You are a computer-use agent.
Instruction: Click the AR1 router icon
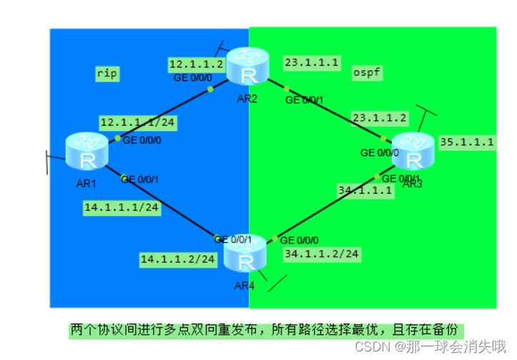coord(87,152)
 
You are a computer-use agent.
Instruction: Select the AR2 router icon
coord(247,67)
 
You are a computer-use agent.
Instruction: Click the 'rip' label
coord(107,72)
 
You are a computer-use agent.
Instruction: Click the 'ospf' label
coord(367,72)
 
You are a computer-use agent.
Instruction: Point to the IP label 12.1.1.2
coord(196,64)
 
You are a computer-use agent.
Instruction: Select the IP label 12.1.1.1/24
coord(137,122)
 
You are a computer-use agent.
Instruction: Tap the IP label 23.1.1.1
coord(312,63)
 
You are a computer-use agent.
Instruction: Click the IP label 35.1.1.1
coord(467,142)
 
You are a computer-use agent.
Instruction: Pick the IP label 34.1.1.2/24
coord(321,253)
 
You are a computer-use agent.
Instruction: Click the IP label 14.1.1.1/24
coord(120,208)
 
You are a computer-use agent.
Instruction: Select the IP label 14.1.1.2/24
coord(177,258)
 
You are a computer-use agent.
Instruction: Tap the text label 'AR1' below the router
coord(86,183)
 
